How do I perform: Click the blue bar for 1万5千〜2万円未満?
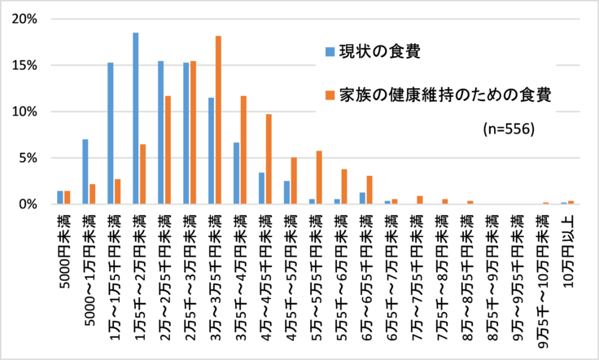click(135, 119)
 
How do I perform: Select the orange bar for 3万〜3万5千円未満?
click(218, 121)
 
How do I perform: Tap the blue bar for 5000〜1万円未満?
click(85, 172)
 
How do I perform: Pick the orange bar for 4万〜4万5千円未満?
click(269, 160)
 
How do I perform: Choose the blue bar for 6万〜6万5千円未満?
click(362, 199)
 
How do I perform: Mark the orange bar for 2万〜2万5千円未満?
click(168, 151)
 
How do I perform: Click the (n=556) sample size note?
click(507, 128)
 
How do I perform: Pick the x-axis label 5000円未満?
click(64, 248)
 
